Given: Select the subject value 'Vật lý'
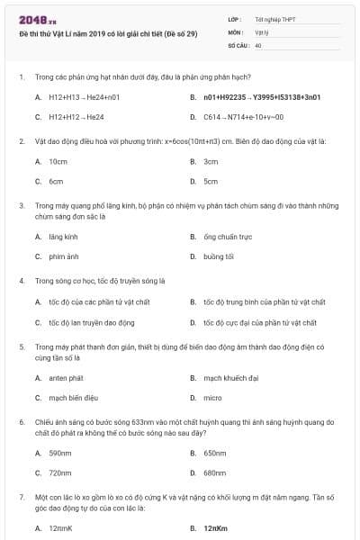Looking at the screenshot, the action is click(262, 31).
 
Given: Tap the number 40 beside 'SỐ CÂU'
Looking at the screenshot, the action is click(258, 43).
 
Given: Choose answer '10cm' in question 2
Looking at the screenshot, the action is click(58, 161).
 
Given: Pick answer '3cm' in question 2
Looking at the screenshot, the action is click(211, 161).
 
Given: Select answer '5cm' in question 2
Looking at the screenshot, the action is click(211, 181).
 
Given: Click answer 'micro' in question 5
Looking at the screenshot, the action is click(212, 397).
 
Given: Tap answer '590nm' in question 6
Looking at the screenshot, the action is click(59, 453).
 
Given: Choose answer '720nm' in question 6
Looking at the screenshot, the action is click(59, 472).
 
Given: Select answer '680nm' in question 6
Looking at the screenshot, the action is click(214, 472).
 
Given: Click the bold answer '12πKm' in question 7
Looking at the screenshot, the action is click(214, 528).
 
